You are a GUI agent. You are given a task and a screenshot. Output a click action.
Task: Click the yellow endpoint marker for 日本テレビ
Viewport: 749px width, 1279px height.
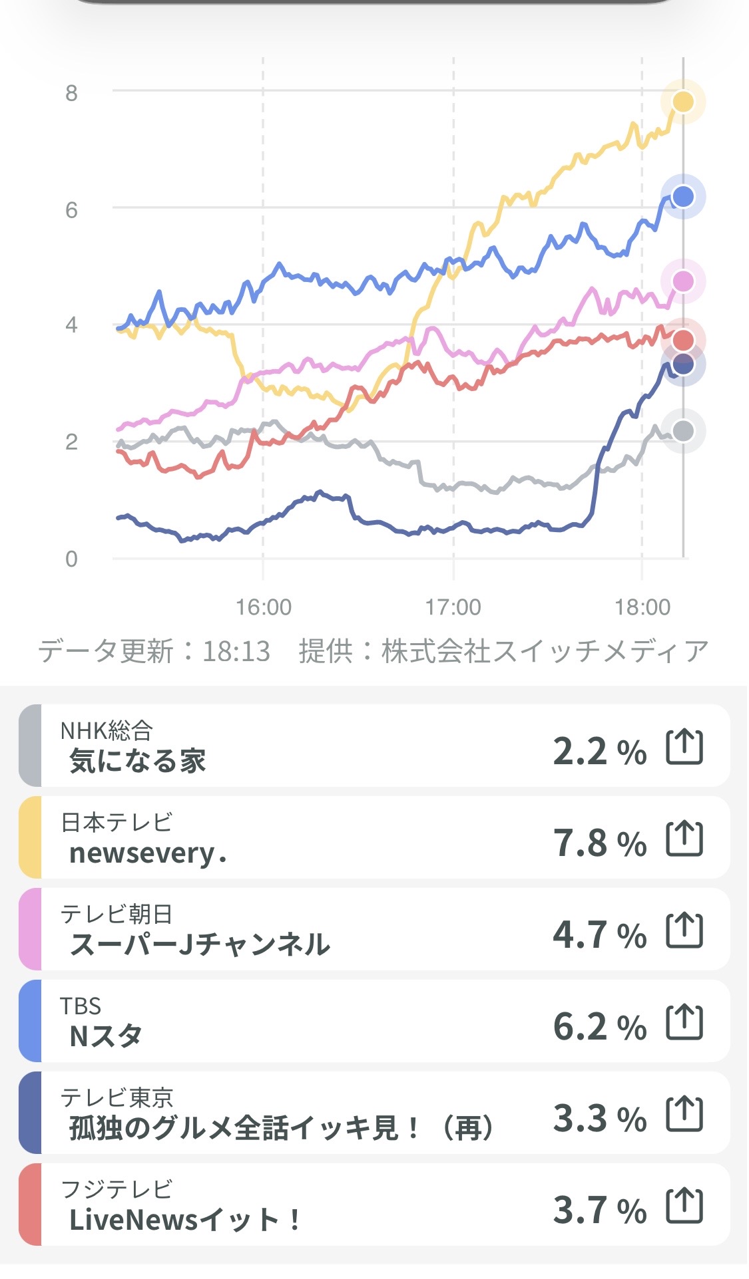pos(683,102)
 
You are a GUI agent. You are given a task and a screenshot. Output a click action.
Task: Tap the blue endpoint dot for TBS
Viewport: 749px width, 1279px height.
pos(683,197)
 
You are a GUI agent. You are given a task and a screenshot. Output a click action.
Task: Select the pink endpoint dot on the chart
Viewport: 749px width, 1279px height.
pos(683,281)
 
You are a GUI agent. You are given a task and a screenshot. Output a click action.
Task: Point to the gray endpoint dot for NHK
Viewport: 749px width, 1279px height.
pos(683,431)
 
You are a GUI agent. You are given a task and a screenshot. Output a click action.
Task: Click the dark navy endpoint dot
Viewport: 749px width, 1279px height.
pos(683,364)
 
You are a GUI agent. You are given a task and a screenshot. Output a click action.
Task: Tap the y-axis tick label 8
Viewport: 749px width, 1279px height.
pos(71,93)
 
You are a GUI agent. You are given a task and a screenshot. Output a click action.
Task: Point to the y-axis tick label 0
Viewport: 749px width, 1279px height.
pos(71,559)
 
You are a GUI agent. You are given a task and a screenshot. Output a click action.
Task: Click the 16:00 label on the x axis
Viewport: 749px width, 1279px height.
pos(264,607)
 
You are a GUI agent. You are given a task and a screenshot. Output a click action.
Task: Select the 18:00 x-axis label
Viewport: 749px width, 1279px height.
pos(642,607)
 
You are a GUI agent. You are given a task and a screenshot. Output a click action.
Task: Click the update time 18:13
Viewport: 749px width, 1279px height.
pos(236,652)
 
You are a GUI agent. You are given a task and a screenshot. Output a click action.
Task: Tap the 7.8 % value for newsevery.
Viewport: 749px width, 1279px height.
pos(599,843)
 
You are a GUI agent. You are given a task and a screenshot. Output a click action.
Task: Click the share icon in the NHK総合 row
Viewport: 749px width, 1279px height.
pos(684,747)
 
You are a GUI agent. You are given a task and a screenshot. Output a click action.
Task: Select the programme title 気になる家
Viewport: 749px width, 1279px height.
pos(138,761)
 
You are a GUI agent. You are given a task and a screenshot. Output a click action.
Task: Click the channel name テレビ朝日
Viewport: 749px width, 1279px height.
pos(117,915)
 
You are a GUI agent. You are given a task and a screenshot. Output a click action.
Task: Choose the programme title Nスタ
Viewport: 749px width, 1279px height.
pos(106,1036)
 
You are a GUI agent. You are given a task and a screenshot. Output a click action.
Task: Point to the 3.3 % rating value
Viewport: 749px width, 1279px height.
pos(599,1118)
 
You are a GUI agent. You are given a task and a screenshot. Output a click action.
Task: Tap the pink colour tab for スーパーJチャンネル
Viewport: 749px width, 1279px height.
pos(31,929)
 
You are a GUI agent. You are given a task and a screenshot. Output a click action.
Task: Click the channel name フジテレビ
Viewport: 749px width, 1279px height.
pos(117,1189)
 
